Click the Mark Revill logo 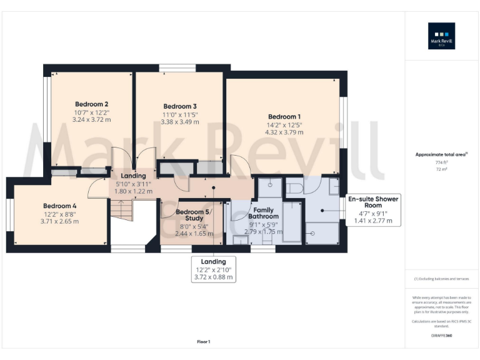441,36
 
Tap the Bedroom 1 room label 284,116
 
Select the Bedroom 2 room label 92,104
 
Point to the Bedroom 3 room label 180,106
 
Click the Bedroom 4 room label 60,206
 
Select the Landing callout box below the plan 213,269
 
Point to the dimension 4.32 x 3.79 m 284,132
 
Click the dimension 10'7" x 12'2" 92,112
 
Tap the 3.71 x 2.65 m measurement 60,221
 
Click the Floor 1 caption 204,342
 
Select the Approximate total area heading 441,154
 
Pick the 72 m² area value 441,169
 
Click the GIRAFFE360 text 441,336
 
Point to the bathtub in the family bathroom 292,221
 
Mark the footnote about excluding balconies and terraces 441,279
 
